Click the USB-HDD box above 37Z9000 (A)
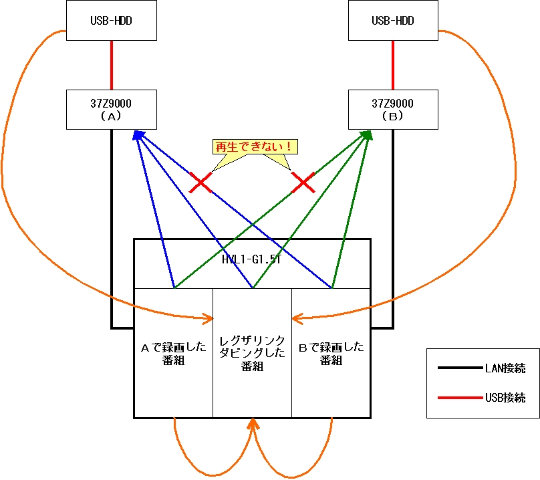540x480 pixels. point(112,21)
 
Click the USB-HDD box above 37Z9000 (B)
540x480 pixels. point(392,21)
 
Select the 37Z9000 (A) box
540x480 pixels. point(112,110)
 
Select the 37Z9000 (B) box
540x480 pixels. point(392,110)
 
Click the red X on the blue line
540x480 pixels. point(200,182)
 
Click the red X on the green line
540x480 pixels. point(304,182)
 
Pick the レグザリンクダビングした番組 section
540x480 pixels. point(252,353)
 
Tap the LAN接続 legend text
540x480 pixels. point(505,368)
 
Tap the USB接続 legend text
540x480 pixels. point(505,398)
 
